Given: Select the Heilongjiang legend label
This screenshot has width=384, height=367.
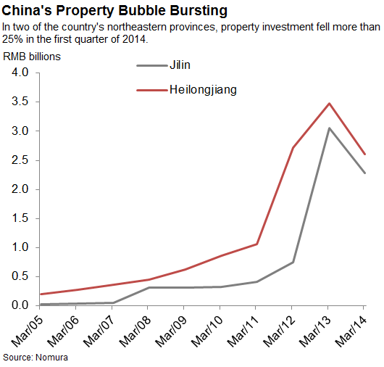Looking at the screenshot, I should [203, 90].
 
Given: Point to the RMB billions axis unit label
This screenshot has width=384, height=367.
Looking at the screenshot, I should [32, 56].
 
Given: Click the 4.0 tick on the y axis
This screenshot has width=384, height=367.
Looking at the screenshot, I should [19, 73].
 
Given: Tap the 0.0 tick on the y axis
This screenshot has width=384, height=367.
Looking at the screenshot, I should [19, 305].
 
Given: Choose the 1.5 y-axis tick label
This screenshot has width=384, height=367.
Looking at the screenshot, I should [19, 218].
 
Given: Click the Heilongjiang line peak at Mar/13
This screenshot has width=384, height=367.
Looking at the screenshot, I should [330, 104].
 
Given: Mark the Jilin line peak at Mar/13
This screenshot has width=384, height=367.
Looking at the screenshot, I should [330, 128].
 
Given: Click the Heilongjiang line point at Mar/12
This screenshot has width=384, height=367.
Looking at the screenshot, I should [293, 148].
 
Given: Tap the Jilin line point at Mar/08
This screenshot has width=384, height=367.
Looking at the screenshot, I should [148, 287].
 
